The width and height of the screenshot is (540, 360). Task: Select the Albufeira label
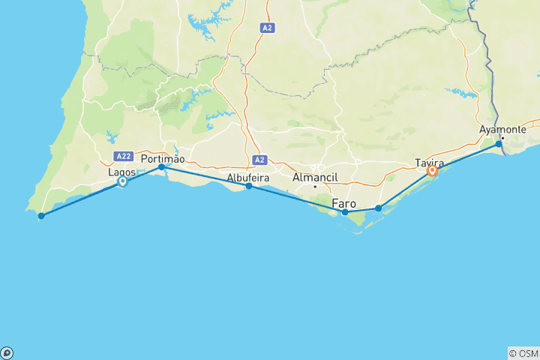pyautogui.click(x=248, y=178)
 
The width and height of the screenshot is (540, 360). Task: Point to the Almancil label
pyautogui.click(x=316, y=178)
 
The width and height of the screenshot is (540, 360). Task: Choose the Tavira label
pyautogui.click(x=430, y=163)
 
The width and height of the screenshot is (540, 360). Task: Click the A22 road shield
pyautogui.click(x=124, y=156)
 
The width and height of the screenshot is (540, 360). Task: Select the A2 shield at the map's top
pyautogui.click(x=268, y=28)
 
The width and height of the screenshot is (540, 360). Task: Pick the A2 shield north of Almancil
pyautogui.click(x=260, y=160)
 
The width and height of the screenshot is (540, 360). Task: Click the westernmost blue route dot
pyautogui.click(x=41, y=216)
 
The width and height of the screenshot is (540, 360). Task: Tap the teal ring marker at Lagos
pyautogui.click(x=121, y=181)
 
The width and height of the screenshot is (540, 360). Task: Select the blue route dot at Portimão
pyautogui.click(x=161, y=167)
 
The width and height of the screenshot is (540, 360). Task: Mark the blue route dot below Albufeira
pyautogui.click(x=248, y=186)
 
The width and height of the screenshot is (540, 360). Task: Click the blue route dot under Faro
pyautogui.click(x=345, y=212)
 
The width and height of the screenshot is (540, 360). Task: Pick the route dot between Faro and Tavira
pyautogui.click(x=378, y=208)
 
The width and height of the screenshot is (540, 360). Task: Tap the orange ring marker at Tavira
pyautogui.click(x=432, y=172)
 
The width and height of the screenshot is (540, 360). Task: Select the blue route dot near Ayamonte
pyautogui.click(x=499, y=143)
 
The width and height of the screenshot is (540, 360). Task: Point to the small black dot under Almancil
pyautogui.click(x=316, y=186)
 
